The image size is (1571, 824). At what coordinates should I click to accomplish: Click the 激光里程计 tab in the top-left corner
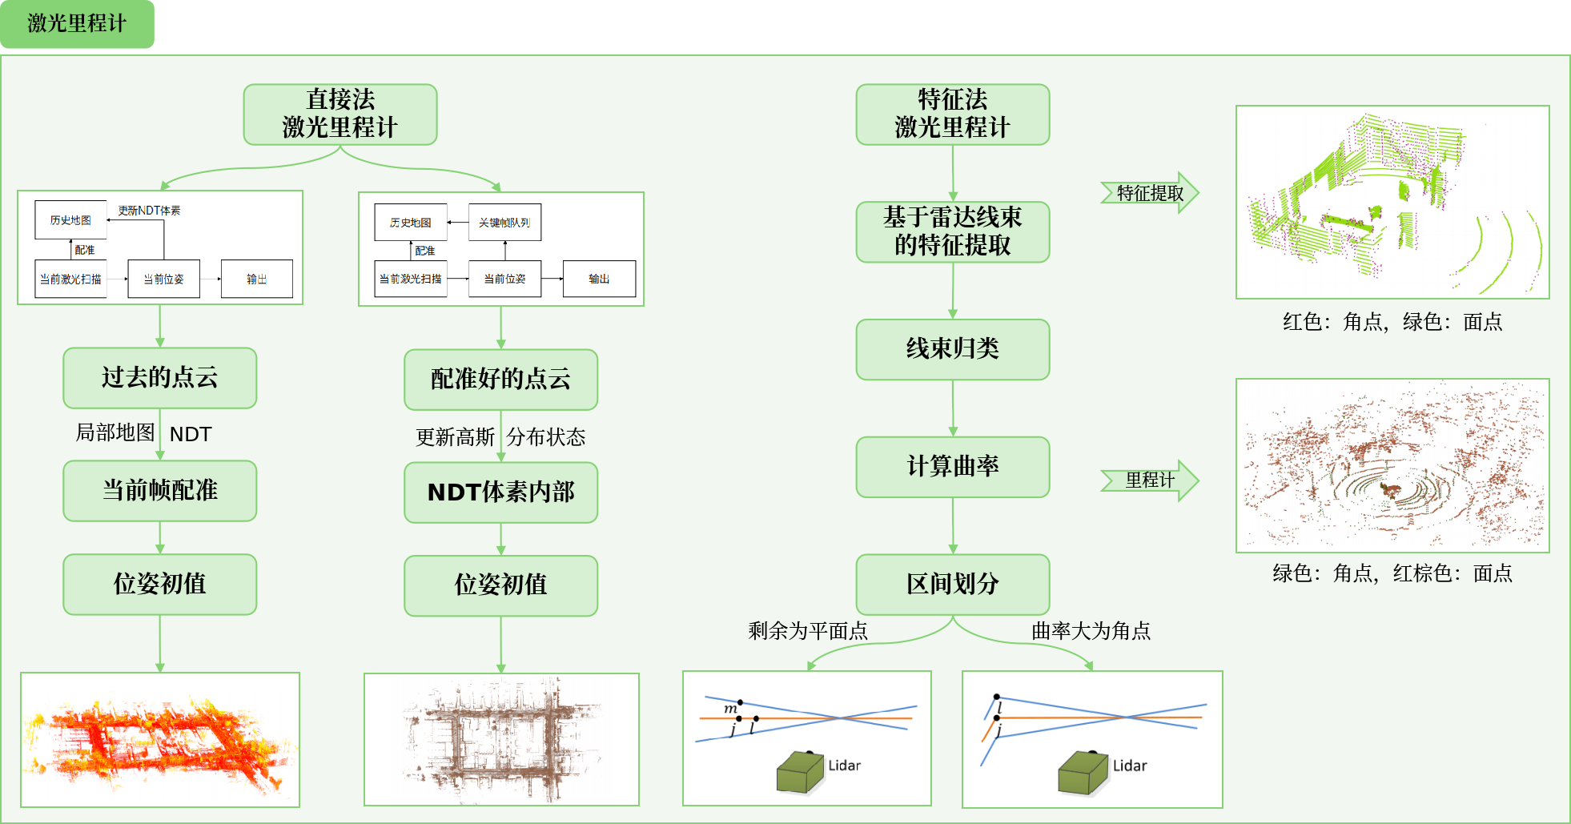click(77, 24)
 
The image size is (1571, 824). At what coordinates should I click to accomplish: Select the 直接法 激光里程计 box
click(340, 115)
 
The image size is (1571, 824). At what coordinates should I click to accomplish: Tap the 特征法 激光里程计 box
click(952, 115)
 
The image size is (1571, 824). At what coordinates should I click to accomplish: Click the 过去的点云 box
click(160, 378)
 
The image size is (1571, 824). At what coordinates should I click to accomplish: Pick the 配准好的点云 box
click(500, 380)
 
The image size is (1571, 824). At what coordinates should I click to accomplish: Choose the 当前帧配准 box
click(160, 491)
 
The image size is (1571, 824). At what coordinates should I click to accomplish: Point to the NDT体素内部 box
click(500, 492)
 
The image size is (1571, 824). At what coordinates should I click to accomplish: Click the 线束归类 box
click(952, 349)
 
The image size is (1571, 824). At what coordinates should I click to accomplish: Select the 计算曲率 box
click(952, 467)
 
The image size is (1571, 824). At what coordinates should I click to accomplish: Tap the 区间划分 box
click(952, 585)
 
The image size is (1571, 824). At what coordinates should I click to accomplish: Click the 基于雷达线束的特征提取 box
click(952, 231)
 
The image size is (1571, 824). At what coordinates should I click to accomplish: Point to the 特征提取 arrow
click(1149, 193)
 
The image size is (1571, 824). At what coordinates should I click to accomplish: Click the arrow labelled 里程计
click(1149, 480)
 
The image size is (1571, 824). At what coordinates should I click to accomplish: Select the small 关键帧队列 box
click(504, 223)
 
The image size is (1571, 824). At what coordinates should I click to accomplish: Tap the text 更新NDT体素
click(150, 211)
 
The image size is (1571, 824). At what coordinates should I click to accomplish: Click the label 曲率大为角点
click(1091, 631)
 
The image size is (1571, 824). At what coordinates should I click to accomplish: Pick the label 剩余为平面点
click(808, 631)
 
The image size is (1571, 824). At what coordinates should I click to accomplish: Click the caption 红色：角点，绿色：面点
click(1392, 322)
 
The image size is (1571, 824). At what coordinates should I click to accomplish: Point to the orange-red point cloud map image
click(160, 740)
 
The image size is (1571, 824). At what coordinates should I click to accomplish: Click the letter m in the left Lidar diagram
click(730, 709)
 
